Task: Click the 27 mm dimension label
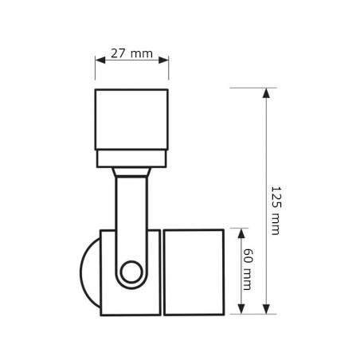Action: pyautogui.click(x=131, y=53)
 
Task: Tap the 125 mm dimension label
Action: pyautogui.click(x=276, y=210)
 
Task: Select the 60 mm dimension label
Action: pyautogui.click(x=248, y=269)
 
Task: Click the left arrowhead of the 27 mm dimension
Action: pyautogui.click(x=100, y=60)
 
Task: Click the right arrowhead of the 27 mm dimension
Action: pyautogui.click(x=163, y=60)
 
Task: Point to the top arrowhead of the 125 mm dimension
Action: pyautogui.click(x=266, y=93)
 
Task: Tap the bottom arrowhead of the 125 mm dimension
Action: pyautogui.click(x=266, y=309)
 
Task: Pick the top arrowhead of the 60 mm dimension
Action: pyautogui.click(x=241, y=233)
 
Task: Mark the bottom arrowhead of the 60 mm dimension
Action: pyautogui.click(x=241, y=309)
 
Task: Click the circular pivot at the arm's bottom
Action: pyautogui.click(x=131, y=272)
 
